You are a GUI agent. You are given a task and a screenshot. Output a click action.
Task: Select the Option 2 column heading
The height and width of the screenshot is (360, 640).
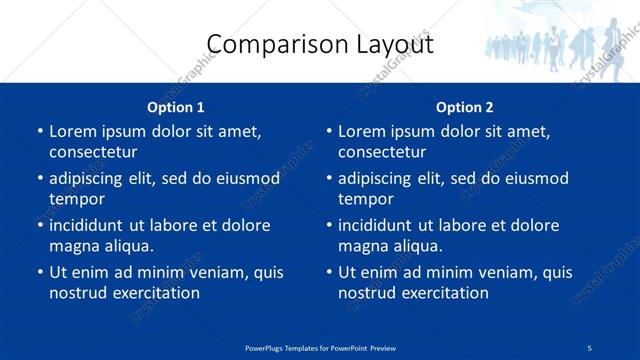tap(464, 107)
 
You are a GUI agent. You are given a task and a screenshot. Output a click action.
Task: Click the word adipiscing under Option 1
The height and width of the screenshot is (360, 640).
tap(91, 179)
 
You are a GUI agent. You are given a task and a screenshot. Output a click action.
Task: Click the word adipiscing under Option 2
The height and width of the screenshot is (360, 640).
tap(380, 179)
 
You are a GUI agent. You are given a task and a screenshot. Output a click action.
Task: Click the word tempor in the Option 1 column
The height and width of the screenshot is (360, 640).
tap(76, 200)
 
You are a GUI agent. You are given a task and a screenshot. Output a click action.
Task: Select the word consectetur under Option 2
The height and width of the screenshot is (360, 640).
tap(382, 152)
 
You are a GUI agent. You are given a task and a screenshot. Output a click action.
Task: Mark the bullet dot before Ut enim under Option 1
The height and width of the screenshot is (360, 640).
tap(39, 272)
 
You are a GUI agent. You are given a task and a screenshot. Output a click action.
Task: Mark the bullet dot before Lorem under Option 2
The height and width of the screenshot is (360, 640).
tap(328, 131)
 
